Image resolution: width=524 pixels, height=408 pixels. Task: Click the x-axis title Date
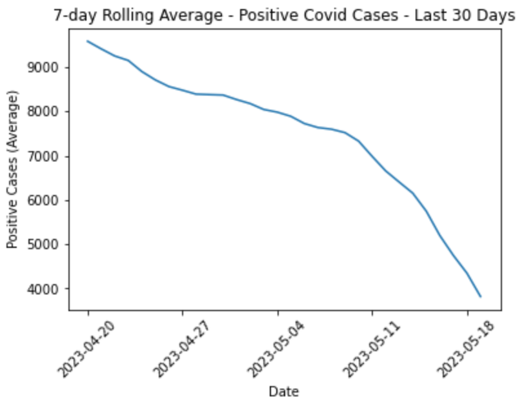click(x=283, y=391)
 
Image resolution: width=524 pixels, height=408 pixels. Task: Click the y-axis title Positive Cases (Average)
click(x=12, y=169)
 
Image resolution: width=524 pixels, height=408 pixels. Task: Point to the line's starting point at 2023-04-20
click(x=88, y=41)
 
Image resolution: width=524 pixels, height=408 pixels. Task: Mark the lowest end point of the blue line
click(x=481, y=296)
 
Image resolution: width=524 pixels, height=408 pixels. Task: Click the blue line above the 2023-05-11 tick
click(x=372, y=155)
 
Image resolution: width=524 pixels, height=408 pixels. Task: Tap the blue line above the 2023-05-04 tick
click(x=277, y=112)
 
